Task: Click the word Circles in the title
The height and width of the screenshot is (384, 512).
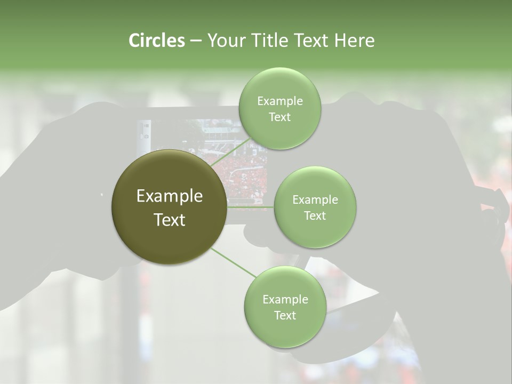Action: coord(157,41)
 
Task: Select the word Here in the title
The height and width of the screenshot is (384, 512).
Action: coord(355,41)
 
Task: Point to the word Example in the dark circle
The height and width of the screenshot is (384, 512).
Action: coord(170,196)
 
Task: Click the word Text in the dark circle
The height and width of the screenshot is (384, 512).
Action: coord(170,220)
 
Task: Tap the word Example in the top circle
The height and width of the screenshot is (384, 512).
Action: coord(279,101)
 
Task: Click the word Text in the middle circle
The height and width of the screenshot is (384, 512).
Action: coord(315,216)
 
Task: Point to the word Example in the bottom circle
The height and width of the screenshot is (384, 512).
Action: coord(285,300)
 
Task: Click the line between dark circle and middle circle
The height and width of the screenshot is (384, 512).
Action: coord(251,207)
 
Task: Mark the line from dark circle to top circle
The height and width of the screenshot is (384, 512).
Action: coord(230,152)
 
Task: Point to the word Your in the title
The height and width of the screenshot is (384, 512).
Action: coord(224,41)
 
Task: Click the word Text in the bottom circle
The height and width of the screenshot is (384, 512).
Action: coord(285,316)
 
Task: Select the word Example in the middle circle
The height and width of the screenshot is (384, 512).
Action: coord(315,200)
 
